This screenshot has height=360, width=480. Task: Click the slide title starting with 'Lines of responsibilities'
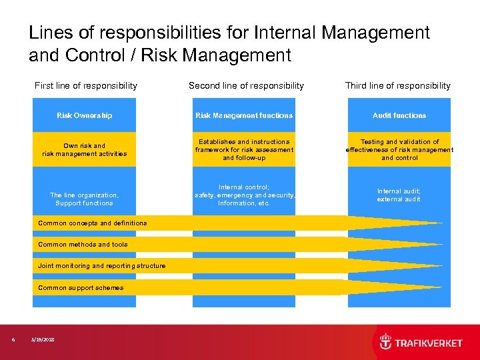tap(229, 43)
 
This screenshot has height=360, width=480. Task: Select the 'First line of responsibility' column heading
tap(86, 85)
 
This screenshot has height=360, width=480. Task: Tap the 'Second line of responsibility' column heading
tap(246, 85)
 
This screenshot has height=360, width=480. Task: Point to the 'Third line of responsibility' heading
tap(398, 85)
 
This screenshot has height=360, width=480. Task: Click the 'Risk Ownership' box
tap(85, 115)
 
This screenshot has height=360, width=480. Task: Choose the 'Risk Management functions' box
tap(244, 115)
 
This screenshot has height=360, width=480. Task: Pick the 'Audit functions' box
tap(399, 115)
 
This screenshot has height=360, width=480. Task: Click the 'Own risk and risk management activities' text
tap(85, 149)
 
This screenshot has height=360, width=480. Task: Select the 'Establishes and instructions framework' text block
tap(244, 149)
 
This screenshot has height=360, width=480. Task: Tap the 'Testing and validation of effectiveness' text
tap(399, 149)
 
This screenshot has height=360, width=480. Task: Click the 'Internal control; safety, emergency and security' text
tap(244, 195)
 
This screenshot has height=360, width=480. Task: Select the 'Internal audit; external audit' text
tap(399, 195)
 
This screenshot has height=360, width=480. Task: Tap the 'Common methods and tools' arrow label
tap(83, 245)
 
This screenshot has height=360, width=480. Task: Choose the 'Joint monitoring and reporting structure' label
tap(102, 266)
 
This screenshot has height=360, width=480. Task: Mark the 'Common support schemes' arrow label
tap(81, 288)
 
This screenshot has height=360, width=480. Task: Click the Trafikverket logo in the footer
tap(421, 342)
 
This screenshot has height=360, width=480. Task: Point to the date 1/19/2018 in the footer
tap(43, 340)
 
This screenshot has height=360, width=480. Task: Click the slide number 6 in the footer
tap(13, 340)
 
